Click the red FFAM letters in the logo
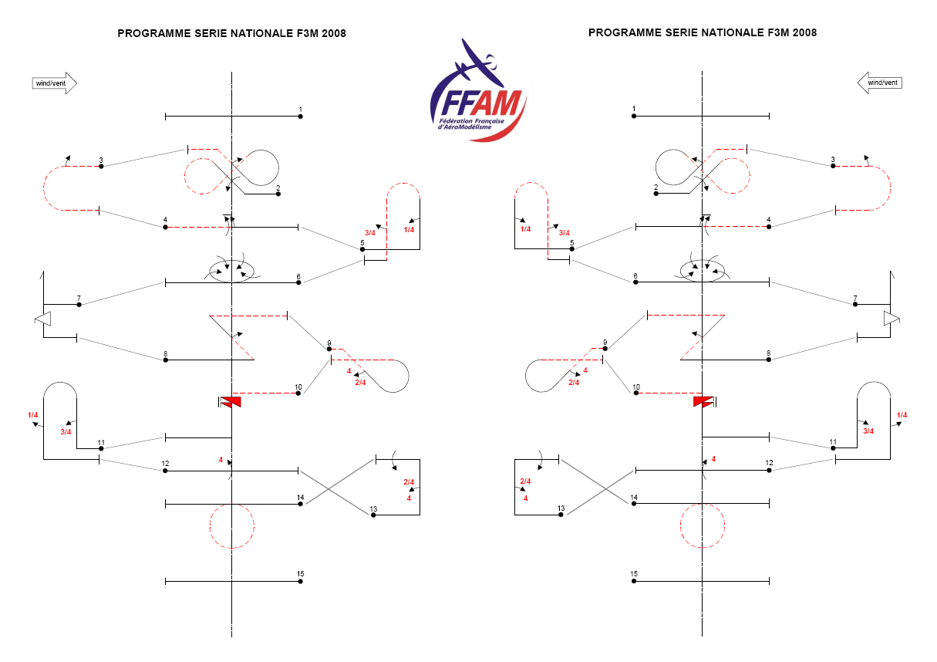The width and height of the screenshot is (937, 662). [x=497, y=103]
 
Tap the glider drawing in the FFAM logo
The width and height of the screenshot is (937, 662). [x=478, y=62]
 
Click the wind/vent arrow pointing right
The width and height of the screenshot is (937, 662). [x=55, y=83]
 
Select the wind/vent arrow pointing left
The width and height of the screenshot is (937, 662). [x=880, y=83]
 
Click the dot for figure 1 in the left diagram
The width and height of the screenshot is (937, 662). [x=300, y=117]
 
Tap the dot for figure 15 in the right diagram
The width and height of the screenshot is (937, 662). [x=634, y=581]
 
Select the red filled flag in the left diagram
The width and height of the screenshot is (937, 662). [x=231, y=402]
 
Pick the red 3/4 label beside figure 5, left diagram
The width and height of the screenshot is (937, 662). [x=369, y=233]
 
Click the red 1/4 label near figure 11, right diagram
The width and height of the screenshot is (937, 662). [x=902, y=414]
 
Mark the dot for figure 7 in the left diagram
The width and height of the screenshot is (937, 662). [x=79, y=305]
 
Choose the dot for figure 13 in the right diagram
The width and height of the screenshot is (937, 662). [x=561, y=515]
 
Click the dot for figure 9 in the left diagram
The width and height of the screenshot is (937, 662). [x=329, y=349]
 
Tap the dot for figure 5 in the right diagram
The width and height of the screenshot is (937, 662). [x=571, y=249]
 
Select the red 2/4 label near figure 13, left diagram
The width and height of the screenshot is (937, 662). [x=409, y=482]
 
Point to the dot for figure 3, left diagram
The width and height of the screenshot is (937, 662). [x=101, y=167]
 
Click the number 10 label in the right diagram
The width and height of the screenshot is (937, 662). [x=636, y=387]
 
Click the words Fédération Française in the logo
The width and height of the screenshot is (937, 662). [x=471, y=121]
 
